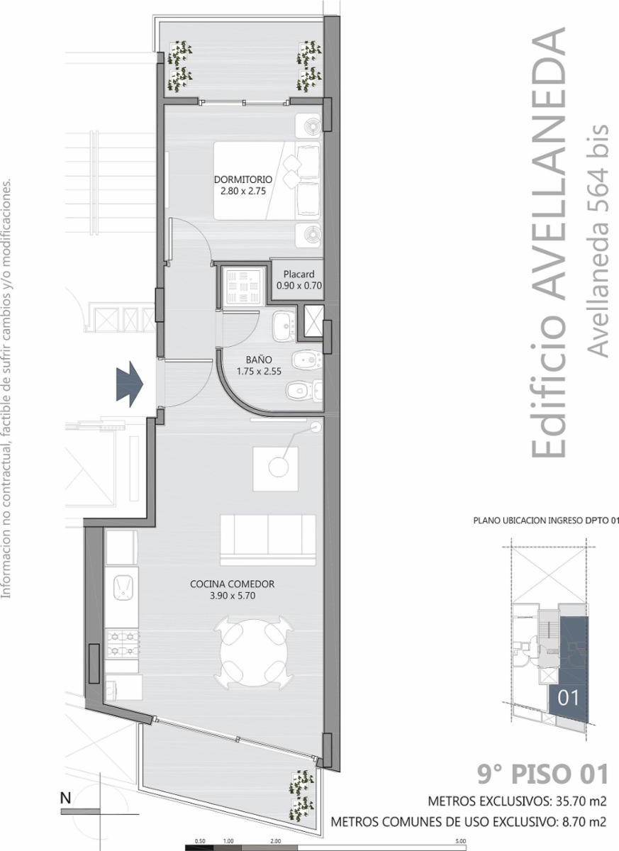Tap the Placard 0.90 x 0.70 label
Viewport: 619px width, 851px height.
299,280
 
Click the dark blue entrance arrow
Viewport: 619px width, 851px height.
130,384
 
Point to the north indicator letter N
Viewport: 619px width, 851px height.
65,799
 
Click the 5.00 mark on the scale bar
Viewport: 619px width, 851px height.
461,842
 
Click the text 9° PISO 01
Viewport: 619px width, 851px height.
542,774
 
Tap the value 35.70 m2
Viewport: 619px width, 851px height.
581,801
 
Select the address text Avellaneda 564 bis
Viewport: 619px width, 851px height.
598,241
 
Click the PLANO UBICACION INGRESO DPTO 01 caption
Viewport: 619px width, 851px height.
546,521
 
